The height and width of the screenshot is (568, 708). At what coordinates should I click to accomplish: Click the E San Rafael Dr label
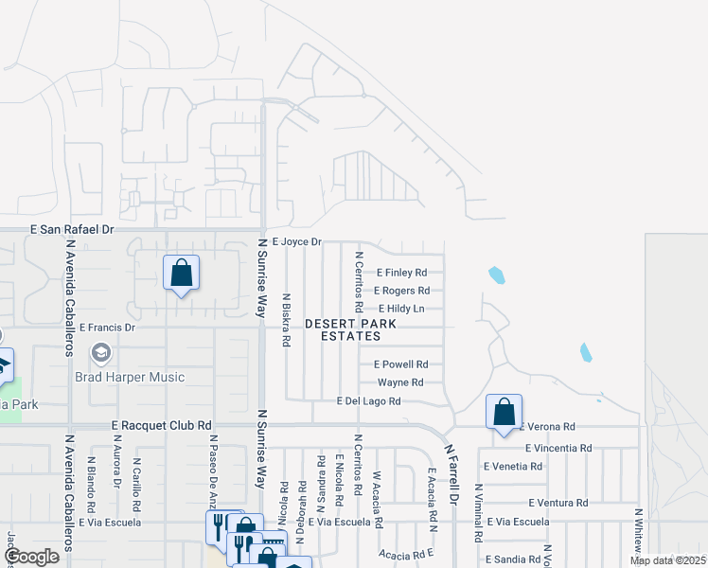pos(72,229)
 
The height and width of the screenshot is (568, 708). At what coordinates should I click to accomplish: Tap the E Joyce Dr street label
pos(297,242)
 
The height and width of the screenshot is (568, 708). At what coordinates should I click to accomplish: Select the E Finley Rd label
pos(402,273)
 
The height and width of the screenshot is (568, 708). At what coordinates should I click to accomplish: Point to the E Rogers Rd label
pos(402,291)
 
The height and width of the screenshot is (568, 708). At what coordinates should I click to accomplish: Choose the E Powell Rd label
pos(401,364)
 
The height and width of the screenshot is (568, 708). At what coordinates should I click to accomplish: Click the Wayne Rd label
pos(400,382)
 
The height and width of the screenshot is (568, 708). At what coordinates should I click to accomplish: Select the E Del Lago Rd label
pos(369,401)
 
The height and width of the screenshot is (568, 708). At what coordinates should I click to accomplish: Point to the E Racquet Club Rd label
pos(161,426)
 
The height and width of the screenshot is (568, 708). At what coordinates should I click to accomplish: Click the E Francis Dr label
pos(108,328)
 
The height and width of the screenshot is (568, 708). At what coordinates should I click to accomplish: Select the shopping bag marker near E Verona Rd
pos(504,413)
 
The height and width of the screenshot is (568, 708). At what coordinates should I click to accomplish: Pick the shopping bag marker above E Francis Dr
pos(181,275)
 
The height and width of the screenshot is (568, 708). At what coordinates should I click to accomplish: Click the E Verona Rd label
pos(548,428)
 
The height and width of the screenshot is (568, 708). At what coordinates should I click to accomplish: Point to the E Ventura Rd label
pos(558,503)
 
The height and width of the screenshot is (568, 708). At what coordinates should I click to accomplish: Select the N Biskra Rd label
pos(286,320)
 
